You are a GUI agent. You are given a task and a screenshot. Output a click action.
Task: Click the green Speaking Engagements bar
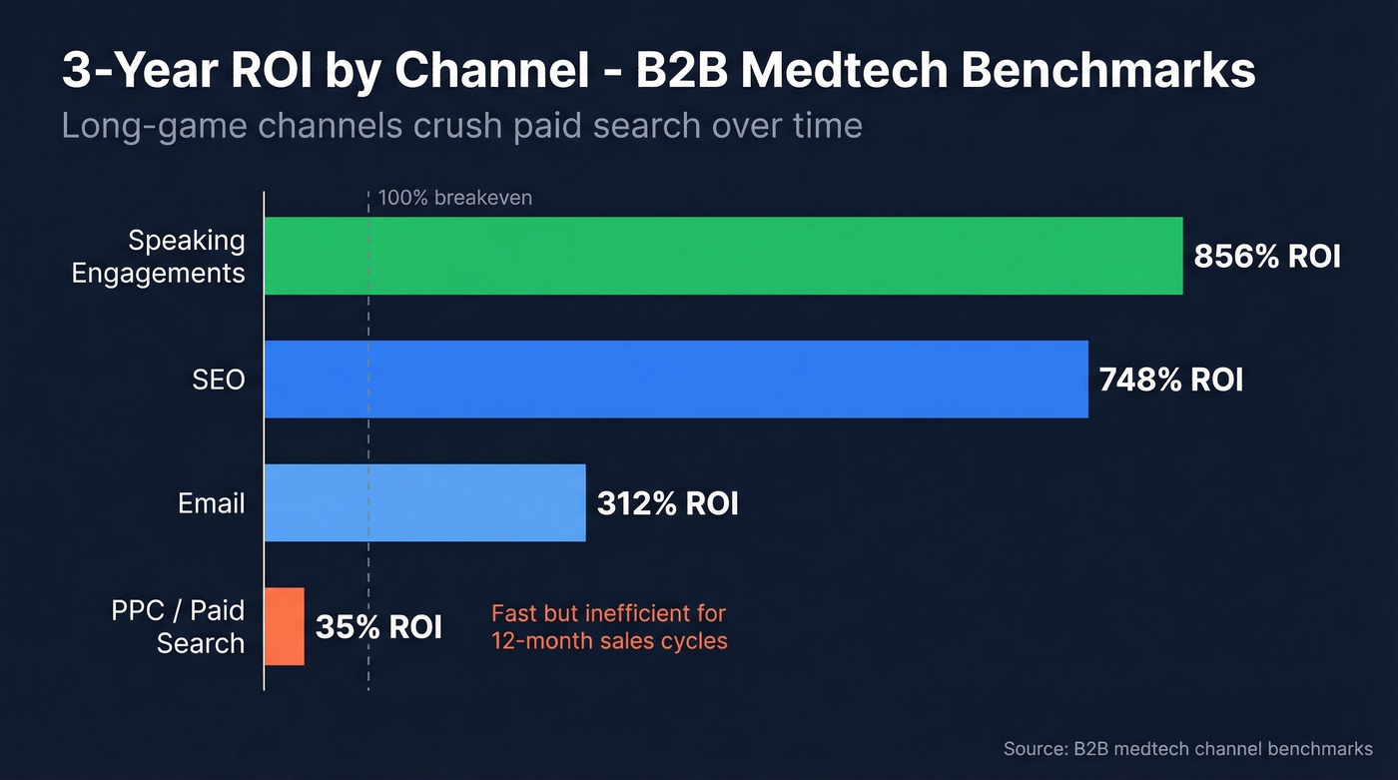coord(723,256)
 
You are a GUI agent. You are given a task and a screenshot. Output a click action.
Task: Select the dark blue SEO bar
coord(676,380)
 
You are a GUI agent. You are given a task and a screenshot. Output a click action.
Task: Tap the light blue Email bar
coord(424,502)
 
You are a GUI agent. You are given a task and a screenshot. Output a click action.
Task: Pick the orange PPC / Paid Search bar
coord(285,626)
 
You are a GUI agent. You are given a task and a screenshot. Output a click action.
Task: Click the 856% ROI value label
coord(1267,257)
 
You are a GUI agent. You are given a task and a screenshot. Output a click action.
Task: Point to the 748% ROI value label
coord(1170,380)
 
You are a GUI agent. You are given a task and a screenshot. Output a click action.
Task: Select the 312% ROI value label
coord(667,503)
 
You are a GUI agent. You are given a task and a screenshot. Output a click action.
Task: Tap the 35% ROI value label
coord(378,627)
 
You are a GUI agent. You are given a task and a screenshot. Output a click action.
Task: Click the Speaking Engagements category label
coord(158,257)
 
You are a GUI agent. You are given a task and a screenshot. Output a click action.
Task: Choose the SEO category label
coord(218,380)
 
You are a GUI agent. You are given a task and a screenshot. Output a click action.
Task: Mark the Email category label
coord(211,503)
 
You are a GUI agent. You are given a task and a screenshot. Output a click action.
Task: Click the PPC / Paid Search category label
coord(178,626)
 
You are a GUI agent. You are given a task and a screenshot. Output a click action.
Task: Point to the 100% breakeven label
coord(454,198)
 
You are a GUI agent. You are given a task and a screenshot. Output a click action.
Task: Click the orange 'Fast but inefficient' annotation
coord(609,627)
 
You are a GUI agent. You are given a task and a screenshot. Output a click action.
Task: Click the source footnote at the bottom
coord(1187,748)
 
